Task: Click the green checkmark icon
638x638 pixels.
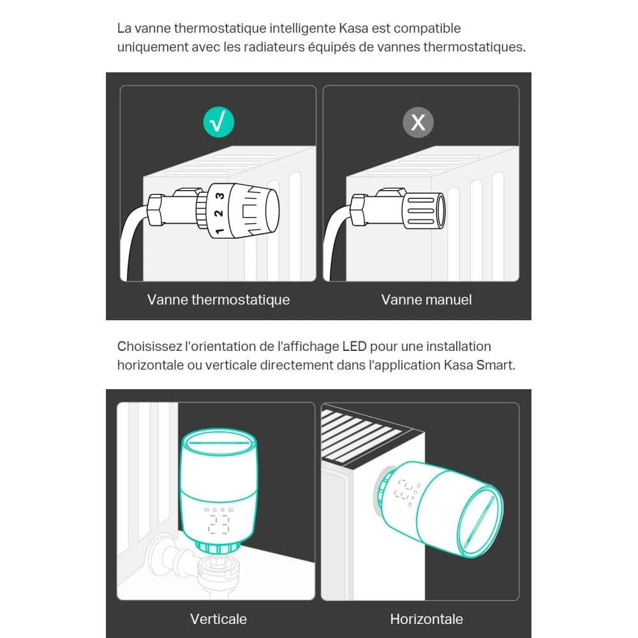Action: point(218,122)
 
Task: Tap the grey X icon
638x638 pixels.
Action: point(418,122)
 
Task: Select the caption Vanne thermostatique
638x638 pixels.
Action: point(218,299)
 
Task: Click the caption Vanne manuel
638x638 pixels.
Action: point(426,299)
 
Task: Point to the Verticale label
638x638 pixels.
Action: point(218,619)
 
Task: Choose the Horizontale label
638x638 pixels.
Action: point(426,619)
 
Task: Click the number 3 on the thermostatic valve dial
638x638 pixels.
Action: point(219,196)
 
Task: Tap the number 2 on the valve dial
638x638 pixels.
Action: point(218,213)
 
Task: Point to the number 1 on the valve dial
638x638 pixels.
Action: point(219,231)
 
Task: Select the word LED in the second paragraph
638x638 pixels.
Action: point(354,346)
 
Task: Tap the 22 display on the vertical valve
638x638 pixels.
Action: point(218,524)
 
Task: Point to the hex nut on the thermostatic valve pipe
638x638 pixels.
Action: point(155,210)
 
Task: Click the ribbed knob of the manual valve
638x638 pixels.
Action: point(424,211)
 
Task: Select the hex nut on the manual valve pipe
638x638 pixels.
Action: point(358,210)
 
